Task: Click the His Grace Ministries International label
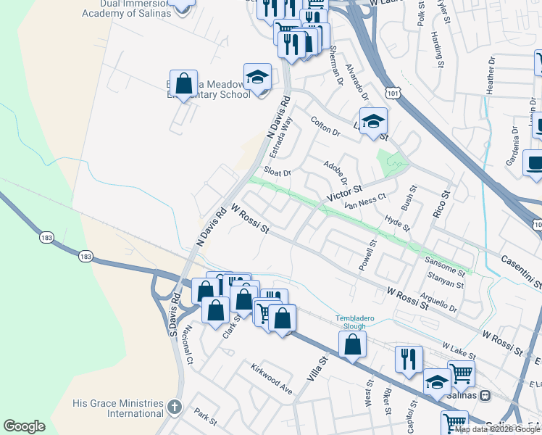point(117,408)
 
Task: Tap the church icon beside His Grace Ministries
point(174,407)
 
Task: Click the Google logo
point(24,426)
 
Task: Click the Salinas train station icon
point(485,396)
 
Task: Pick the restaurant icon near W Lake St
point(409,359)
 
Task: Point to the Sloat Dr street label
point(277,173)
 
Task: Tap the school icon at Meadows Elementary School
point(257,76)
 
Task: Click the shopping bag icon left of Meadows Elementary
point(184,83)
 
